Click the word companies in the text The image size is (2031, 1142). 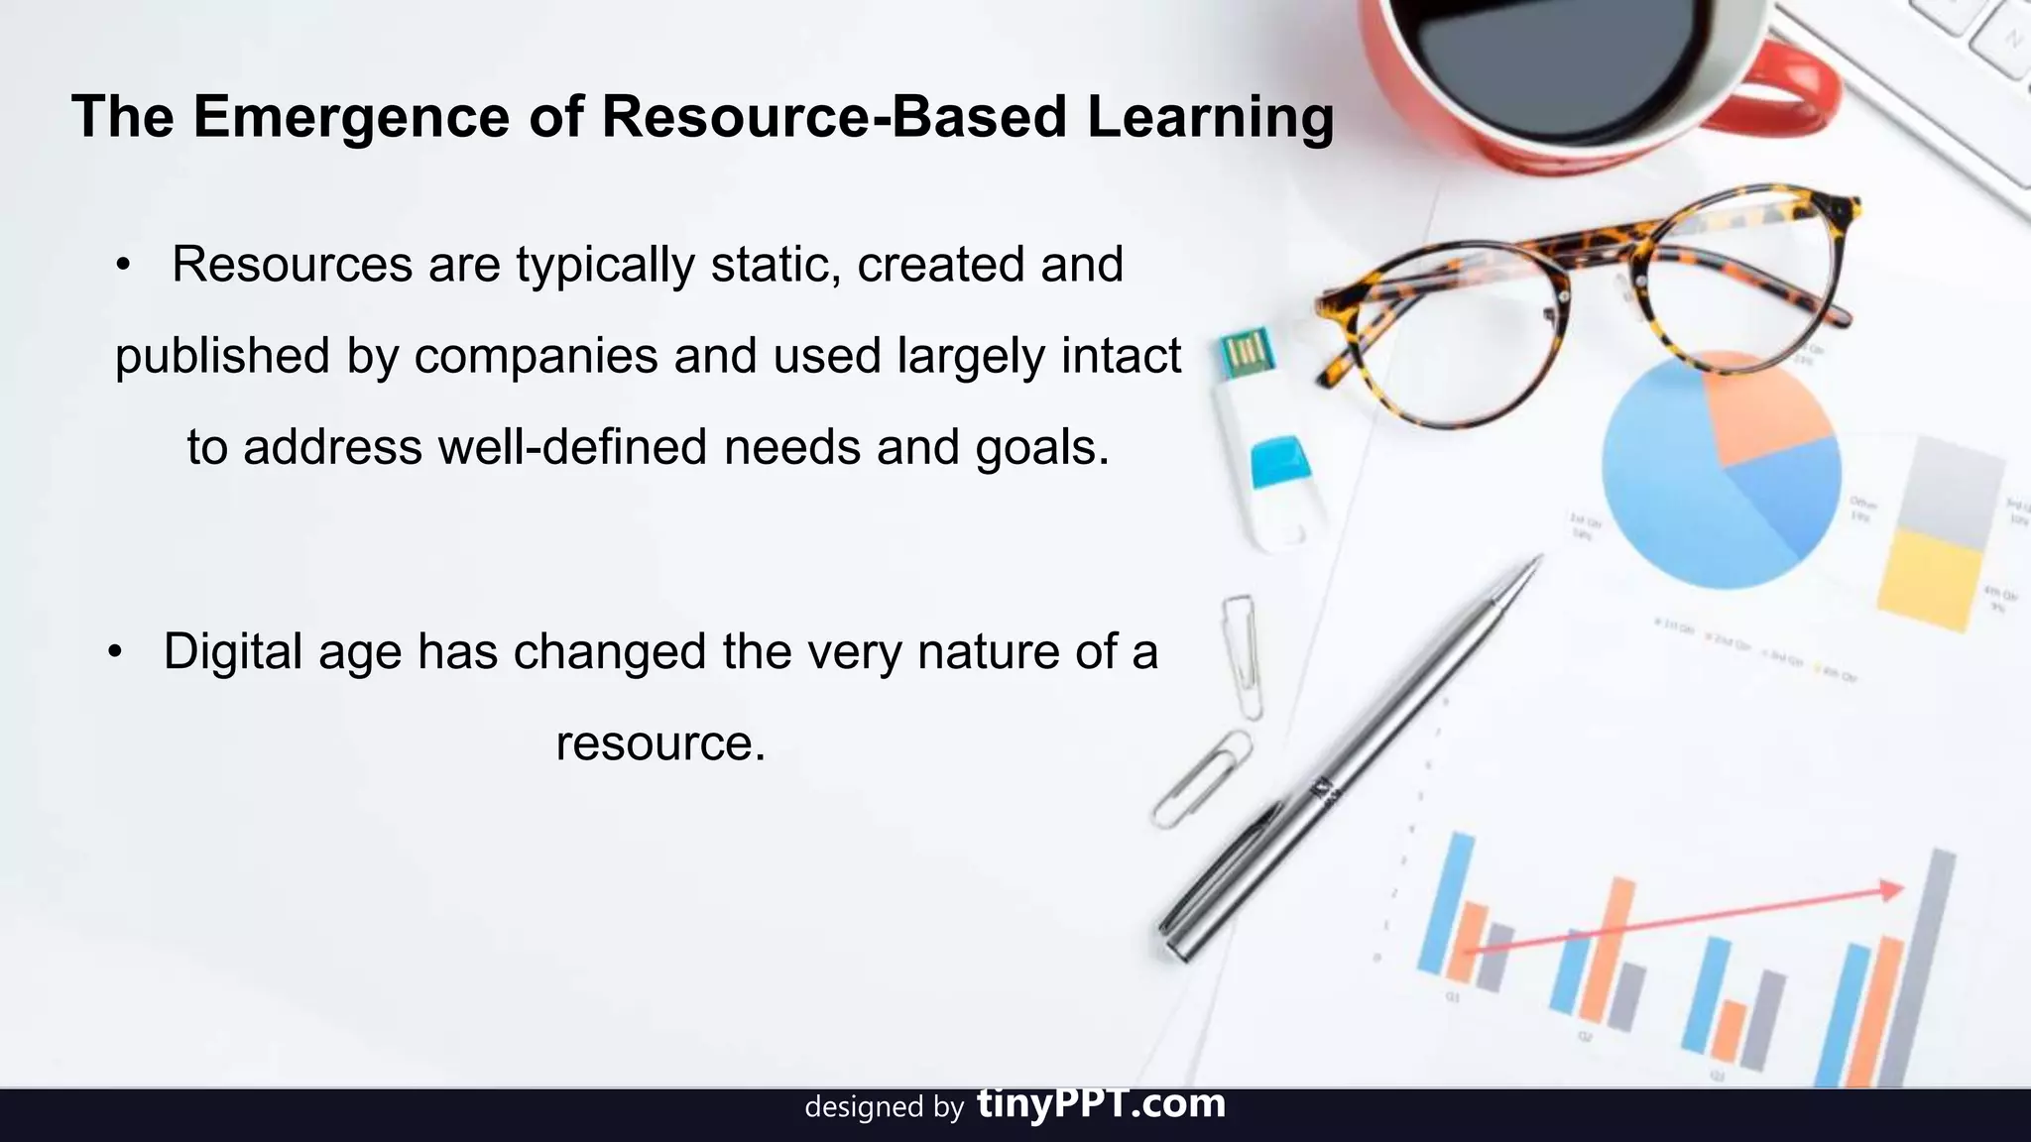(536, 356)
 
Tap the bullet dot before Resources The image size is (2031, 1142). (123, 265)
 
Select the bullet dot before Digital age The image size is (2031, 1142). (115, 652)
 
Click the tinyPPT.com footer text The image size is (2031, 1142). (1101, 1103)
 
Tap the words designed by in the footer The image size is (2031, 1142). (884, 1106)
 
